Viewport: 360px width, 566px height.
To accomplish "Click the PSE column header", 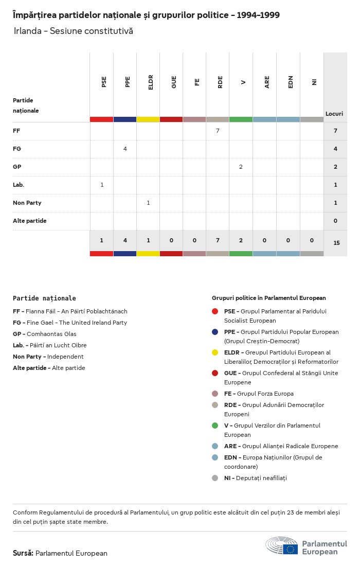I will (104, 82).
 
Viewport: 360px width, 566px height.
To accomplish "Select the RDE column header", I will (220, 82).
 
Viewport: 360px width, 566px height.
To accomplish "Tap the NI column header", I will (314, 82).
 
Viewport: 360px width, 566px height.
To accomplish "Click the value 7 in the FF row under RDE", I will (218, 131).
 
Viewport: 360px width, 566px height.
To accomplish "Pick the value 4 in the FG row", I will (125, 149).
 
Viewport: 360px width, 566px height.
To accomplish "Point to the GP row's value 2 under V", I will (241, 167).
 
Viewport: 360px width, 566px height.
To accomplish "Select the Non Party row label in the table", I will (27, 203).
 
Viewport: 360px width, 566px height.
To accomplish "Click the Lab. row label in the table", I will (19, 185).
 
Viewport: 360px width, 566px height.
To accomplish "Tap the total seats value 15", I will (336, 243).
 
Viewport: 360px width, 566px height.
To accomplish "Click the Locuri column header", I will (334, 114).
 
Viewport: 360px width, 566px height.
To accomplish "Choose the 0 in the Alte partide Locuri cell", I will (335, 221).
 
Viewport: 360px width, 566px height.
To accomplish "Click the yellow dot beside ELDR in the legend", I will (215, 352).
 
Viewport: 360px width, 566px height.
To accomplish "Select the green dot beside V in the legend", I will (215, 426).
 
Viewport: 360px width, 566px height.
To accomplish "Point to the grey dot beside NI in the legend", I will (215, 478).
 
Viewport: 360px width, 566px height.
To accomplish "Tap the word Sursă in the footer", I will (23, 553).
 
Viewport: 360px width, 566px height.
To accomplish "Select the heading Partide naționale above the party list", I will (44, 298).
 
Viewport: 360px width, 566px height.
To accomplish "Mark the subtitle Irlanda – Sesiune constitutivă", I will (73, 31).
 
